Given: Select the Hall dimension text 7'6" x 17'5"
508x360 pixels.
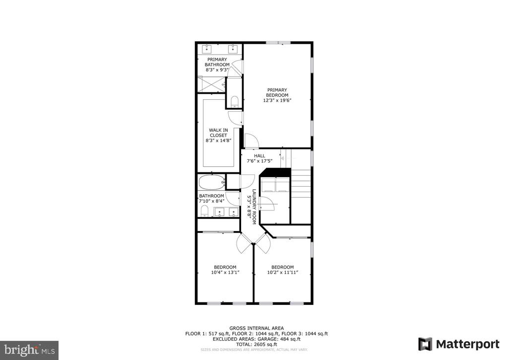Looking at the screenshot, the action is pos(259,161).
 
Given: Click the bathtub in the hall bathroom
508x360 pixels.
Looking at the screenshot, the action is pos(211,182).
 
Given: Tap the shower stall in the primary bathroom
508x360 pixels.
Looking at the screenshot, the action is pos(211,84).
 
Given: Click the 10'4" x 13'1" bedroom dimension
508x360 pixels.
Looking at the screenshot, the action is pos(225,273).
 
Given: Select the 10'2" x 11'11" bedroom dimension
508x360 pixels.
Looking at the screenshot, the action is pos(282,273).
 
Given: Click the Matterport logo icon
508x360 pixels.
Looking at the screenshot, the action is pos(425,344).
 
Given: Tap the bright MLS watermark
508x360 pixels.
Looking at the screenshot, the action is pos(29,350).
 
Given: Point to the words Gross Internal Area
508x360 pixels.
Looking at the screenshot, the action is pos(256,328).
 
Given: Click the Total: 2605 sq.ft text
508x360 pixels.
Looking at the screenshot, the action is pos(256,345).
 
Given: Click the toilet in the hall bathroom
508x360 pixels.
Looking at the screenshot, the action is pos(204,211).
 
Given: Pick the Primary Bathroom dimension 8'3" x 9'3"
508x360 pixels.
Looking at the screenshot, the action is pos(217,70).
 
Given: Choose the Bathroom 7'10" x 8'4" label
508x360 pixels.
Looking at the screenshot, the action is pos(211,199).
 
